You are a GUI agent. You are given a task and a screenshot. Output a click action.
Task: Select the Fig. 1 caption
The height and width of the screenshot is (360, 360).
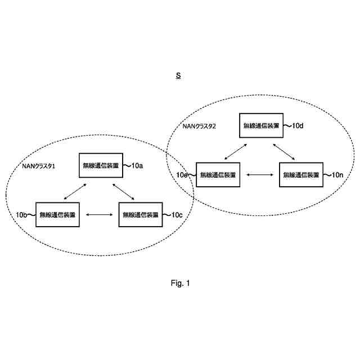[181, 283]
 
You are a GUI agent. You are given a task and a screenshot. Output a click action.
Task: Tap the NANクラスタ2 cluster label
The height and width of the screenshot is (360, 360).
[199, 126]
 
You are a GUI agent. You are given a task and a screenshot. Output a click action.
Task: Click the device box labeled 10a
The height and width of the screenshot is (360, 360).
[101, 166]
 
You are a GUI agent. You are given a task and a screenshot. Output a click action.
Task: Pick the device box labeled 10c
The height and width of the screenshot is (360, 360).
[140, 214]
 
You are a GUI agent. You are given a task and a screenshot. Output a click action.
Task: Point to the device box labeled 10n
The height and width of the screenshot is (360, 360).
[301, 175]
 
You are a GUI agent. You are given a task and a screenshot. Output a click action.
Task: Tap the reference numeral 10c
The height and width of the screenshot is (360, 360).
[175, 214]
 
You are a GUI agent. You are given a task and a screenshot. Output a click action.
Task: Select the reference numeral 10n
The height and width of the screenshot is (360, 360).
[337, 175]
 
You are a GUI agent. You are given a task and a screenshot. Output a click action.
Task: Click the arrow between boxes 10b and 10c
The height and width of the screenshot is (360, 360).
[99, 214]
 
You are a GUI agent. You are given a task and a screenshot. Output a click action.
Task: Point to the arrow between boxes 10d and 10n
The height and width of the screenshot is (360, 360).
[284, 151]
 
